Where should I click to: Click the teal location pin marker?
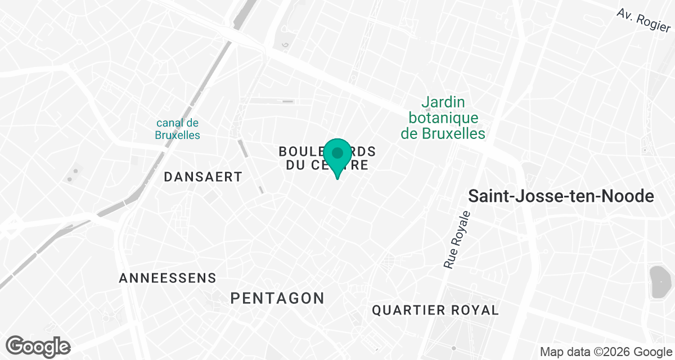click(337, 157)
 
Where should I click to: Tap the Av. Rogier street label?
click(643, 20)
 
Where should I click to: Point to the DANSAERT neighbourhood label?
click(203, 177)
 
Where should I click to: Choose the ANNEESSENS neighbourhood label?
click(168, 278)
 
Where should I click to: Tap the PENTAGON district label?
click(278, 298)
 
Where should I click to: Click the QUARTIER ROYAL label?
click(435, 310)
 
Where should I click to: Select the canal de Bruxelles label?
click(178, 129)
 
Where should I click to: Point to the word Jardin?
click(444, 102)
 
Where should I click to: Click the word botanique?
click(444, 118)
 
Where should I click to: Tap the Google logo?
click(38, 346)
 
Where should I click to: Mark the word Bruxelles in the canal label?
click(178, 136)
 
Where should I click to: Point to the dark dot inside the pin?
click(337, 152)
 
